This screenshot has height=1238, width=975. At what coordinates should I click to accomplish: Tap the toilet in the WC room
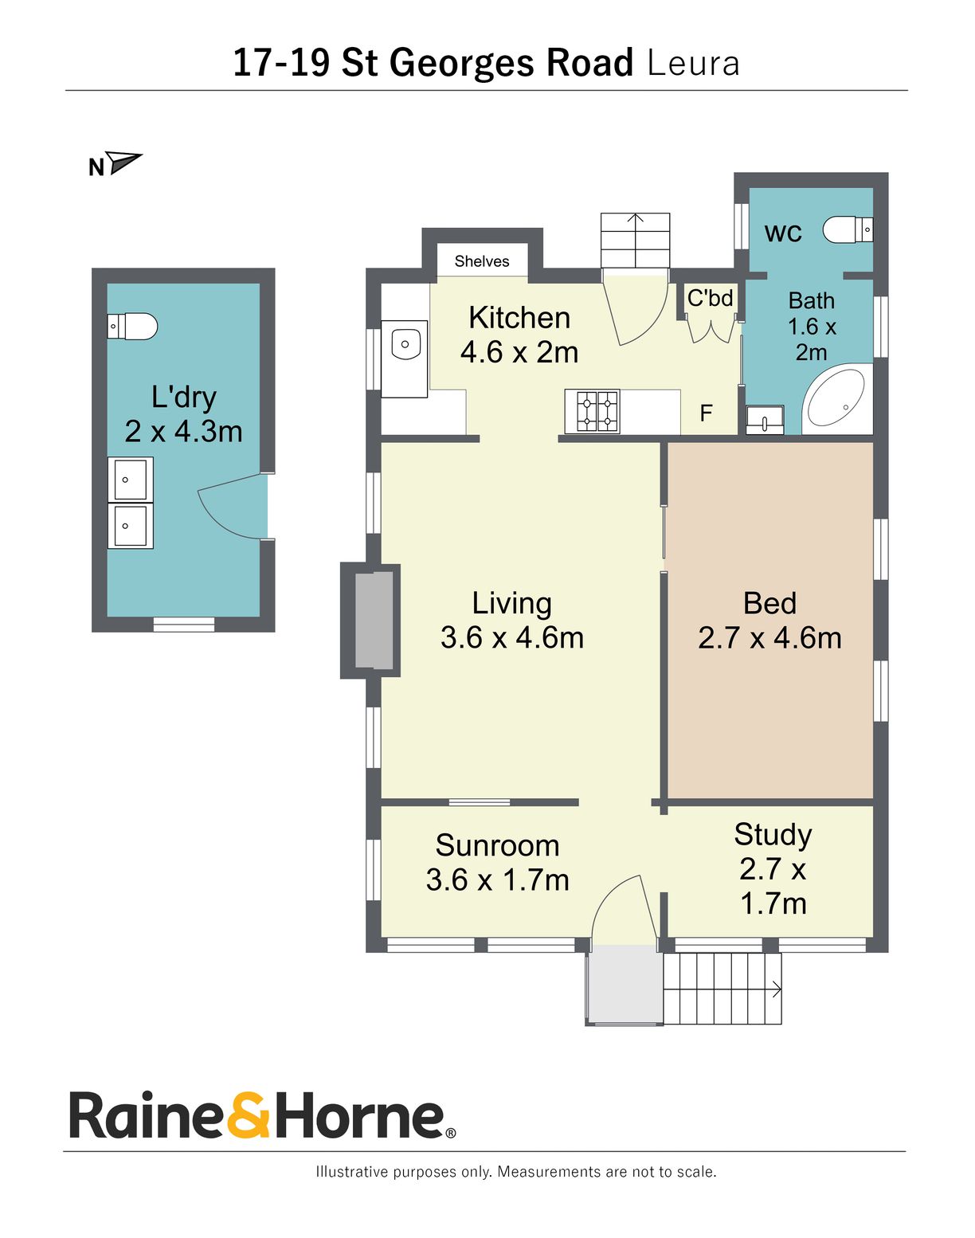click(848, 229)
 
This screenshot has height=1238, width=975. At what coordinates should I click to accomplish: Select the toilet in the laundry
click(132, 326)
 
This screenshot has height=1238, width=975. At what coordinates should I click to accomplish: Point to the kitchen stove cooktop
click(592, 411)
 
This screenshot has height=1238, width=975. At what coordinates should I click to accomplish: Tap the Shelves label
click(481, 261)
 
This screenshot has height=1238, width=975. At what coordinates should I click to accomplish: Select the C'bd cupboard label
click(710, 298)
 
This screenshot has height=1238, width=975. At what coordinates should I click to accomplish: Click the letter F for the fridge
click(706, 413)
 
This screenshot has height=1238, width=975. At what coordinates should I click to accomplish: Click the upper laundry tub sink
click(130, 480)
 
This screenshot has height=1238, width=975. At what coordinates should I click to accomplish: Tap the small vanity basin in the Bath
click(765, 419)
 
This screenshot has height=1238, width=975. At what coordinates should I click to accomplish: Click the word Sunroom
click(497, 845)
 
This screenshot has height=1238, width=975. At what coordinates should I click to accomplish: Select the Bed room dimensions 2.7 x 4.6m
click(769, 638)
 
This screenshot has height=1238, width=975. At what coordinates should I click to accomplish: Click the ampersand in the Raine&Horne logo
click(248, 1115)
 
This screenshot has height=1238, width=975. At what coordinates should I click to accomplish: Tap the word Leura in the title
click(693, 63)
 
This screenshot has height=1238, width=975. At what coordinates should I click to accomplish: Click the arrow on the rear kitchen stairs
click(635, 218)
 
